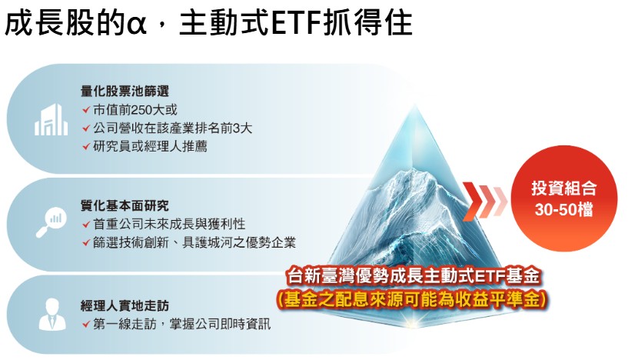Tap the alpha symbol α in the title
click(x=138, y=25)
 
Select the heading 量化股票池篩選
click(x=125, y=91)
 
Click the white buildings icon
click(x=51, y=119)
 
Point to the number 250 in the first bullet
click(x=139, y=109)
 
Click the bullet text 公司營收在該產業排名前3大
click(x=173, y=128)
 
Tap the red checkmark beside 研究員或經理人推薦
click(x=86, y=146)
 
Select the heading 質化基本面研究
click(x=125, y=205)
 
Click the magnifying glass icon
click(x=51, y=222)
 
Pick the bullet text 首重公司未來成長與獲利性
click(x=169, y=224)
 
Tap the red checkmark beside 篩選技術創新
click(x=86, y=242)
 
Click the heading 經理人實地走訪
click(x=125, y=306)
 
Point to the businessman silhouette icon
click(x=52, y=314)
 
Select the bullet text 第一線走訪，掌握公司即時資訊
click(x=182, y=324)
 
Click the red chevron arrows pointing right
click(x=485, y=201)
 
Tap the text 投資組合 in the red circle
click(x=564, y=188)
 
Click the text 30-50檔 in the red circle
click(x=564, y=209)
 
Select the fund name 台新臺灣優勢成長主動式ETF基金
click(x=414, y=276)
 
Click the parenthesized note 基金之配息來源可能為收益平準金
click(x=412, y=299)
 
